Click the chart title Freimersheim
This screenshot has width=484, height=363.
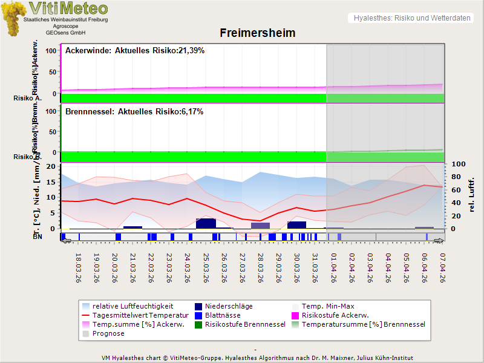click(257, 33)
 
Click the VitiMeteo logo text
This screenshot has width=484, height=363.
click(68, 8)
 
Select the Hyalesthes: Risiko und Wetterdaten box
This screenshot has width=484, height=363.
click(411, 18)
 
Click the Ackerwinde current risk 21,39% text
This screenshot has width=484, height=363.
click(135, 51)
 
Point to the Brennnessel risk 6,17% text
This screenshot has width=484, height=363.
click(134, 112)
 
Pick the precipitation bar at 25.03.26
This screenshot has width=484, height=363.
click(206, 223)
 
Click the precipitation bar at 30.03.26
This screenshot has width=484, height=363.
click(296, 225)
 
